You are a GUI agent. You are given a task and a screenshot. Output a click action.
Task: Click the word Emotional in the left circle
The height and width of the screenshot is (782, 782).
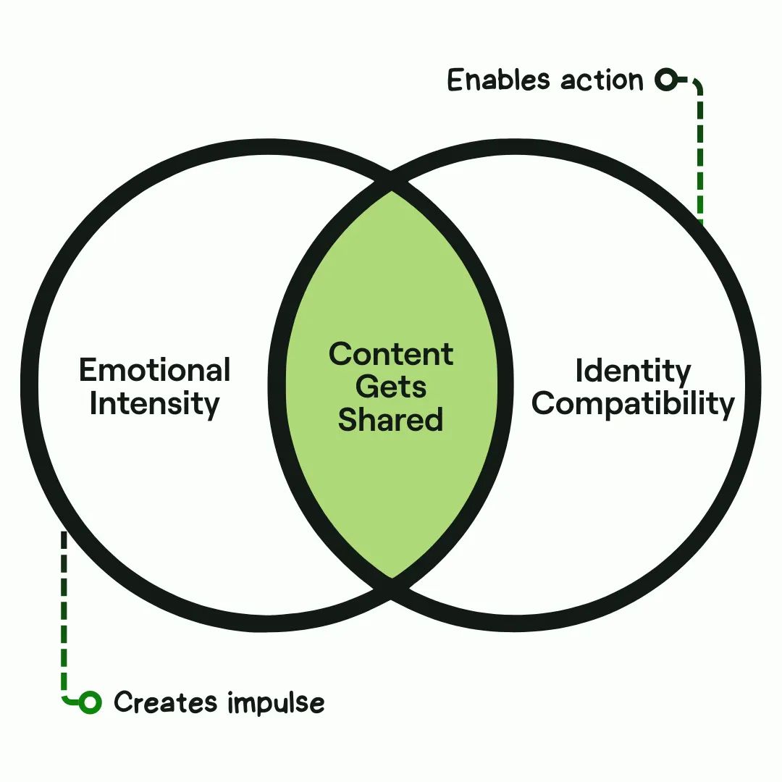(154, 370)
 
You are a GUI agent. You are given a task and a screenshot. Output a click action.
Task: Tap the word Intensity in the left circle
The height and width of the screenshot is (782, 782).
(154, 403)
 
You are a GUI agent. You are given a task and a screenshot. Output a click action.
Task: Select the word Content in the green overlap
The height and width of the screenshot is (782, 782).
(391, 354)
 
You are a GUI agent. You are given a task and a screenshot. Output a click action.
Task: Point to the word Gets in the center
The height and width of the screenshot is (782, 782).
(391, 387)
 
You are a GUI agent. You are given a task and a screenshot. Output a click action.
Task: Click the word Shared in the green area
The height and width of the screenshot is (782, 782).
(391, 420)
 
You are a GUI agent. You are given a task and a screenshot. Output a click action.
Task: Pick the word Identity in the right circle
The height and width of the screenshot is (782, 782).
(633, 371)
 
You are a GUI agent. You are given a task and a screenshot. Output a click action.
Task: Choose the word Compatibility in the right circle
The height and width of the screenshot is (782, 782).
(633, 403)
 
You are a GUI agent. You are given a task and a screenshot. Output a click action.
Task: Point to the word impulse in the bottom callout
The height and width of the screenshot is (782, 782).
(275, 703)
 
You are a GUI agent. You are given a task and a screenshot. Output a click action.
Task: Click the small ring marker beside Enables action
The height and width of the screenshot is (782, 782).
(665, 80)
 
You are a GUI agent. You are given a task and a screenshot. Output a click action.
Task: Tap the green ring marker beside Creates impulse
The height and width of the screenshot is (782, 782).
(90, 701)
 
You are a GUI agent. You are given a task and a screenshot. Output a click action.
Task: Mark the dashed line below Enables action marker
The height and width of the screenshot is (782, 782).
(699, 159)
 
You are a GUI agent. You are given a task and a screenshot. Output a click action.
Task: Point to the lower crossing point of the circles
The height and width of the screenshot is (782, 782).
(391, 587)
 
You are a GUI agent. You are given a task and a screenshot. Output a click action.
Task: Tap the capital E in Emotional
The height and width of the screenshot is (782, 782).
(88, 370)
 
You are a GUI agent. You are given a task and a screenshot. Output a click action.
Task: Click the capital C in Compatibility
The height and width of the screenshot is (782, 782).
(544, 403)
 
